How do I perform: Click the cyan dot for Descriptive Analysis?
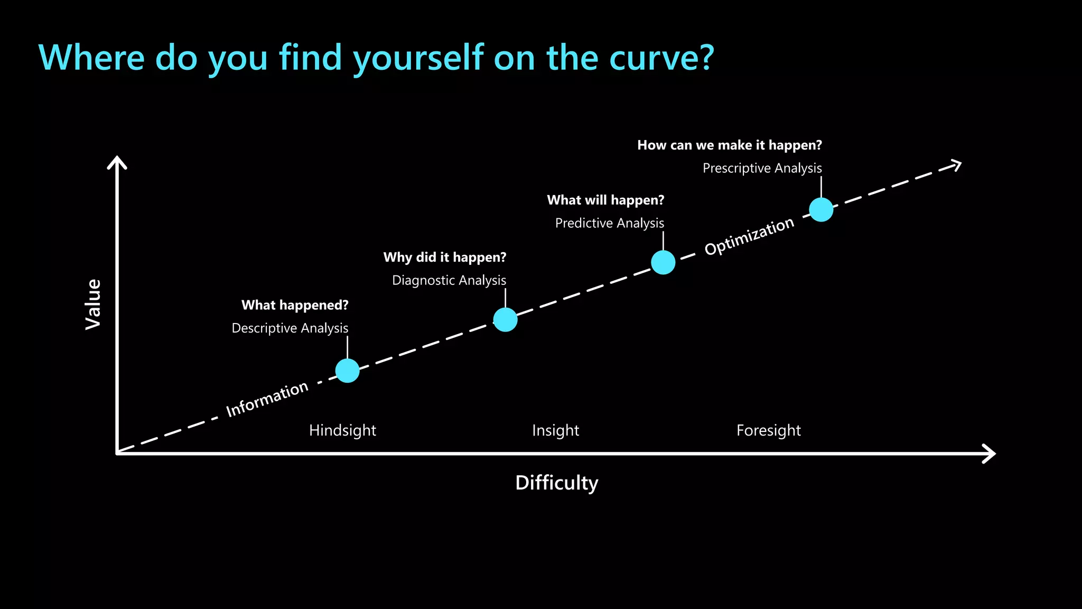pos(347,371)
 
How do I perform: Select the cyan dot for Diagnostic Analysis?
pos(505,319)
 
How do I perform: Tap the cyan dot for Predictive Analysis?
pos(663,262)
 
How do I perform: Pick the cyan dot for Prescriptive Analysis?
pos(821,209)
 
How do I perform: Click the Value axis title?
pos(94,304)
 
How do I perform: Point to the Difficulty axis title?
pos(556,483)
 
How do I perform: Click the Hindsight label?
pos(342,430)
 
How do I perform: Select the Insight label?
pos(555,430)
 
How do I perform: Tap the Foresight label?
pos(768,430)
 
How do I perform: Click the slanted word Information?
pos(267,399)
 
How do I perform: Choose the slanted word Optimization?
pos(749,236)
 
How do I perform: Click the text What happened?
pos(295,305)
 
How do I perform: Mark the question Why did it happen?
pos(444,257)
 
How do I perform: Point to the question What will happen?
pos(605,200)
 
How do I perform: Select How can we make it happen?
pos(729,145)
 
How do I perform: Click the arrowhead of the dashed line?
pos(955,165)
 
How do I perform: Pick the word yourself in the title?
pos(418,58)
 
